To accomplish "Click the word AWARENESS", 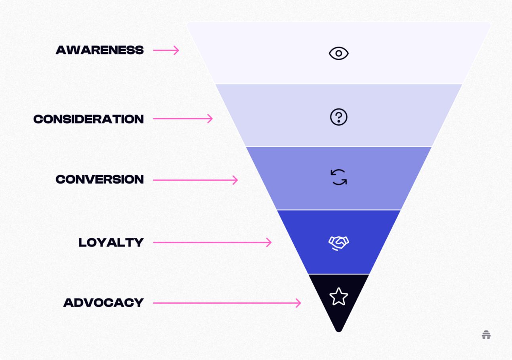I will pyautogui.click(x=99, y=50).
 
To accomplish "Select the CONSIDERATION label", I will pyautogui.click(x=88, y=119).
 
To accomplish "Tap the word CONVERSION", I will pyautogui.click(x=99, y=179).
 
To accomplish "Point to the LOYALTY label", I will pyautogui.click(x=111, y=242).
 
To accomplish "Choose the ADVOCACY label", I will pyautogui.click(x=103, y=303).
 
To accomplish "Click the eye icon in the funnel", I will pyautogui.click(x=339, y=53).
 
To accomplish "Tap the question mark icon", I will pyautogui.click(x=339, y=117).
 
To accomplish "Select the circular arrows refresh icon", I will pyautogui.click(x=339, y=177).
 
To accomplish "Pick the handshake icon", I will pyautogui.click(x=339, y=243).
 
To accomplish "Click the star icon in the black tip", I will pyautogui.click(x=339, y=297).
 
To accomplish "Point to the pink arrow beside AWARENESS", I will pyautogui.click(x=166, y=50).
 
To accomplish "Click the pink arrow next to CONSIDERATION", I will pyautogui.click(x=183, y=119).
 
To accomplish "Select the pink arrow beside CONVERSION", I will pyautogui.click(x=195, y=180).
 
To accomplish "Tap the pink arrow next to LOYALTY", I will pyautogui.click(x=212, y=242).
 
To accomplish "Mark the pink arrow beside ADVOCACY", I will pyautogui.click(x=227, y=303).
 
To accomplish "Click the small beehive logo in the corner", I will pyautogui.click(x=486, y=335).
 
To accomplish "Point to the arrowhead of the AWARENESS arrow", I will pyautogui.click(x=177, y=50).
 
